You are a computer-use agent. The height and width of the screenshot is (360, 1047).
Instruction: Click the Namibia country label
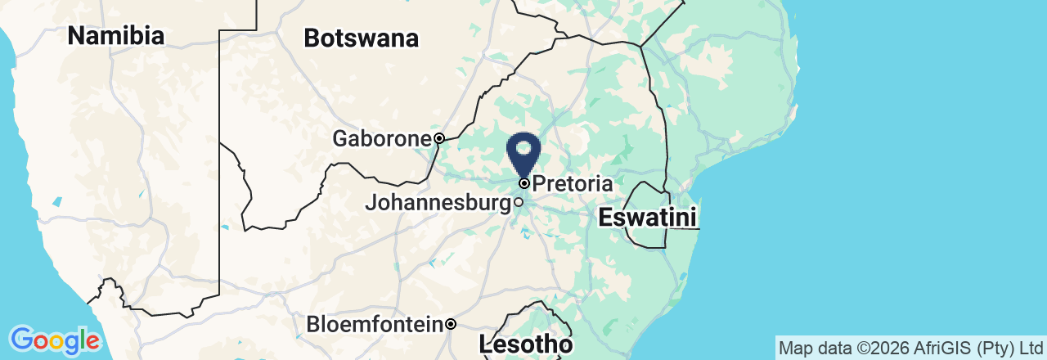(x=115, y=36)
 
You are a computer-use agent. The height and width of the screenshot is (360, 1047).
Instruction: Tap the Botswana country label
(x=361, y=38)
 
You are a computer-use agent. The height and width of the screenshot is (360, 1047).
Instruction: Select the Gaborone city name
(x=381, y=139)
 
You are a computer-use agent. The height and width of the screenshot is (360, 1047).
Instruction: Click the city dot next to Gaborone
(x=439, y=138)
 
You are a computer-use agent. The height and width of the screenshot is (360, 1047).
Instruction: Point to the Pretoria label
(x=572, y=183)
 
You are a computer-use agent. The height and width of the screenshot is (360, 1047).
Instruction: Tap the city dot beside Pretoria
(x=524, y=183)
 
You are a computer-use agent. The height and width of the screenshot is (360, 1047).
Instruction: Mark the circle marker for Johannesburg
(x=519, y=201)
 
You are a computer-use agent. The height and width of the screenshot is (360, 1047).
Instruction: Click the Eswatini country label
(x=647, y=218)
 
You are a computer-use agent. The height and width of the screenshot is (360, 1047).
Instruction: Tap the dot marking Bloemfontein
(x=451, y=325)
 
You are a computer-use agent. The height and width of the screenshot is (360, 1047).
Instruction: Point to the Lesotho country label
(x=526, y=344)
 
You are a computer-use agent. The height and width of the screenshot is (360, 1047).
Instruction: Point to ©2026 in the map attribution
(x=876, y=348)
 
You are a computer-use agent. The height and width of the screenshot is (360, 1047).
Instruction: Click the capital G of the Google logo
(x=21, y=340)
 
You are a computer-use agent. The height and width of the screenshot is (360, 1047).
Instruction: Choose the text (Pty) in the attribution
(x=990, y=348)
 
